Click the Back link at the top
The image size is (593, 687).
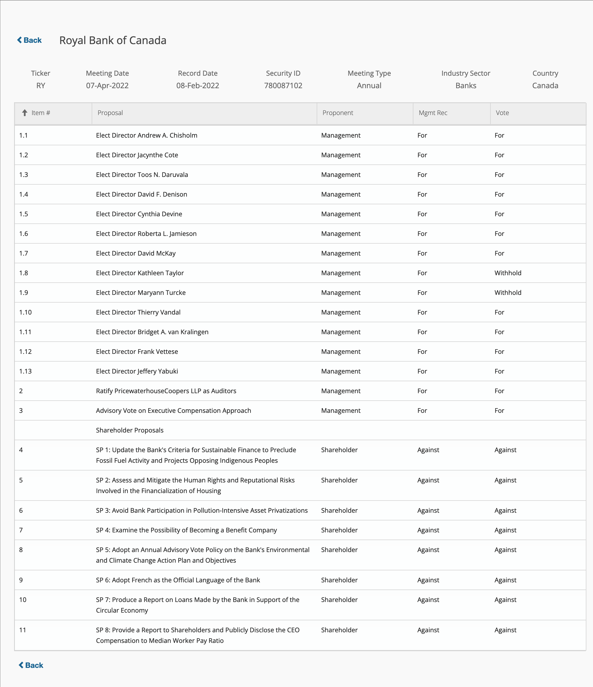point(29,40)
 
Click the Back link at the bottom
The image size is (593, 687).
point(31,665)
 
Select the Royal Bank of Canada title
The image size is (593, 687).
point(113,40)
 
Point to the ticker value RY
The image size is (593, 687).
point(40,86)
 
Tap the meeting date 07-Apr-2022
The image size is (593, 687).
point(107,86)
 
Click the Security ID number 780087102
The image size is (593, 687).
point(283,86)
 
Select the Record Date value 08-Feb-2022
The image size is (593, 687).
point(198,86)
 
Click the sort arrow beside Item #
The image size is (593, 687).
point(24,113)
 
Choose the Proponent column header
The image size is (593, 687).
point(338,113)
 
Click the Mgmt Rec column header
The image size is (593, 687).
point(433,113)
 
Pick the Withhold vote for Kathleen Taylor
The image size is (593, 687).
point(508,273)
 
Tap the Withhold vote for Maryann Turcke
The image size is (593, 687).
point(508,292)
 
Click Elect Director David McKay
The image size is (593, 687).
point(136,253)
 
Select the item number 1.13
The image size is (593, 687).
point(25,371)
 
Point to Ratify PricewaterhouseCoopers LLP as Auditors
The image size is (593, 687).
point(166,391)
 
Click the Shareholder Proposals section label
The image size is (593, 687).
point(130,430)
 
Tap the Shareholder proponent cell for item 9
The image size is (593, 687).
point(339,580)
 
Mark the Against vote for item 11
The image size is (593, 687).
point(505,630)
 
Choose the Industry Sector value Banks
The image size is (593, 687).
point(466,86)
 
